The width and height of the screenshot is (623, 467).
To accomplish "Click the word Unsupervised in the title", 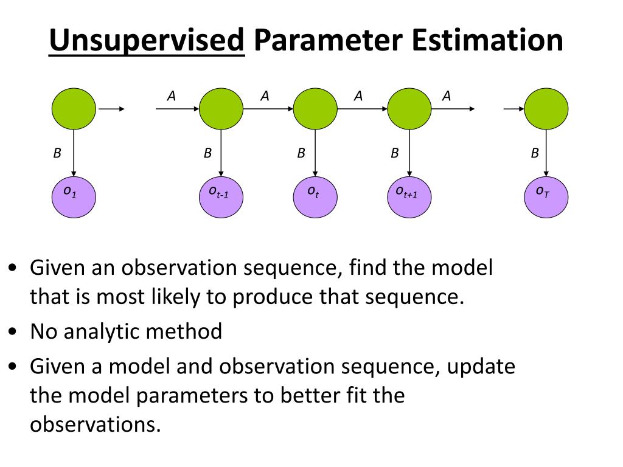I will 147,41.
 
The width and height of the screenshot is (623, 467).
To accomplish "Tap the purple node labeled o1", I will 73,195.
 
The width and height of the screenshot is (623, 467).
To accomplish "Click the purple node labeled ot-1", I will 221,195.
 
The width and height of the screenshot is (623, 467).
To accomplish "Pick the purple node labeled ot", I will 315,195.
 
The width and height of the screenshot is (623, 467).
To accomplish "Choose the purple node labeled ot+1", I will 409,195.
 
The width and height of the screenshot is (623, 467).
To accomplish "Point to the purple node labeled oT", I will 546,195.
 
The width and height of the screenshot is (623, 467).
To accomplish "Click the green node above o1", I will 73,109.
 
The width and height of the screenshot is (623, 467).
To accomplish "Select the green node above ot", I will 315,109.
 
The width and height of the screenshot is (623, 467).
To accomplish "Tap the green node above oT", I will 546,109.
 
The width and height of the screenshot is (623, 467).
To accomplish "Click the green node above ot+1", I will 409,109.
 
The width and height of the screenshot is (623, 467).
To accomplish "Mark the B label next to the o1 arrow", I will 57,154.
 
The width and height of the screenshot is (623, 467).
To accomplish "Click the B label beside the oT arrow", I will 535,154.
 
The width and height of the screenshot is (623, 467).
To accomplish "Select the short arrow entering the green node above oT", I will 513,109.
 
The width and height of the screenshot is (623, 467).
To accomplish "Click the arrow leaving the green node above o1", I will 111,109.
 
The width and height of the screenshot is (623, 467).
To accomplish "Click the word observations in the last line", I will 95,424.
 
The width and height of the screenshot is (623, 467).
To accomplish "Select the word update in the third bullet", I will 479,367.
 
